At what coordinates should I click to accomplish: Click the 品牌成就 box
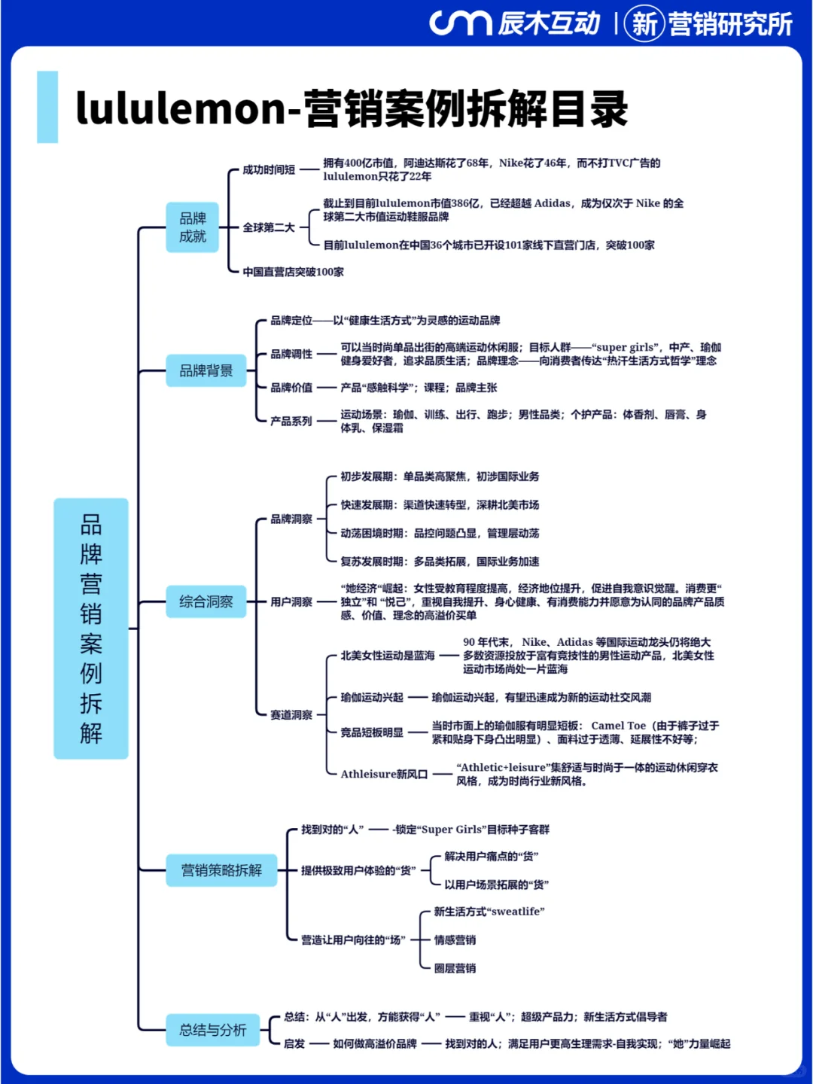click(x=192, y=227)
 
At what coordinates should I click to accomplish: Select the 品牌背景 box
click(x=206, y=370)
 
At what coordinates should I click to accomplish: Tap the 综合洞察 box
click(x=206, y=601)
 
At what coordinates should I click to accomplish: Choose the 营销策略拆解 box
click(x=221, y=870)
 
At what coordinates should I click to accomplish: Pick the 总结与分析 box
click(x=213, y=1030)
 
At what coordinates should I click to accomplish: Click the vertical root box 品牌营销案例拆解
click(x=91, y=628)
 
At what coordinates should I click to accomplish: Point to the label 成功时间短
click(x=269, y=170)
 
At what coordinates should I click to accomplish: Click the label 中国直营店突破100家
click(x=294, y=272)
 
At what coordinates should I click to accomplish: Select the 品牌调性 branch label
click(x=291, y=354)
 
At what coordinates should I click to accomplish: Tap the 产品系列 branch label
click(x=291, y=422)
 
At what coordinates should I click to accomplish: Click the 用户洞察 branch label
click(x=291, y=601)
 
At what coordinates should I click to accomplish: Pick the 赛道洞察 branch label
click(x=291, y=714)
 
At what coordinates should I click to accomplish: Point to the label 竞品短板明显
click(x=372, y=732)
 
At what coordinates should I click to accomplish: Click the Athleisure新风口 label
click(x=384, y=774)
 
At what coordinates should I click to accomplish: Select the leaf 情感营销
click(x=455, y=939)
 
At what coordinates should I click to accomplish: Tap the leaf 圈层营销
click(x=455, y=968)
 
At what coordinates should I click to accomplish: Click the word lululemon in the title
click(x=181, y=108)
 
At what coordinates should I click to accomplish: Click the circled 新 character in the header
click(x=644, y=23)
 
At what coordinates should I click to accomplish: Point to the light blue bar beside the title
click(x=47, y=107)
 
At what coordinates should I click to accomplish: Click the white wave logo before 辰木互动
click(x=460, y=23)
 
